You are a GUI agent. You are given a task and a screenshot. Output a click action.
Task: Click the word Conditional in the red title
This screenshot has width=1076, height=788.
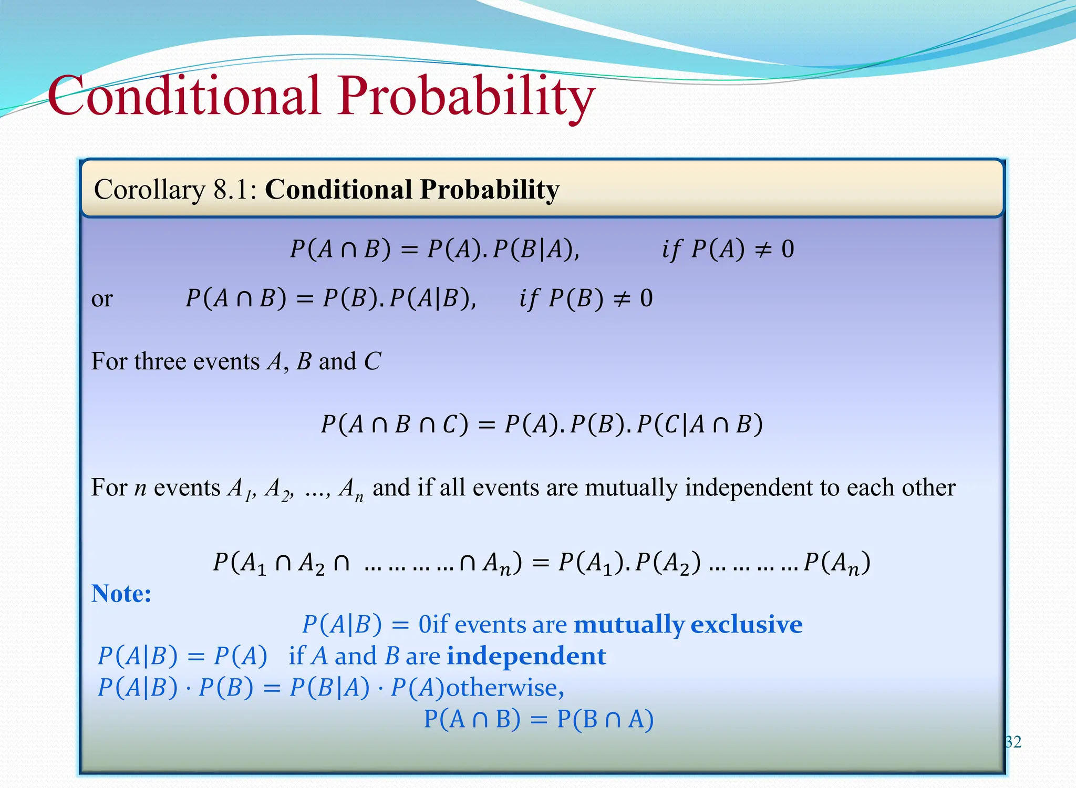(x=184, y=96)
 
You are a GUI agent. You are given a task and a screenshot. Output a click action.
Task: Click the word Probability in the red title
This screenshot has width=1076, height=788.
(x=467, y=96)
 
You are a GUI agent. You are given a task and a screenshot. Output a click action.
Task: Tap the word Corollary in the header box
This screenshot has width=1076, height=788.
(x=150, y=190)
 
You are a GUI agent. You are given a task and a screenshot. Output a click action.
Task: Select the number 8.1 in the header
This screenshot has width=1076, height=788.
(x=231, y=190)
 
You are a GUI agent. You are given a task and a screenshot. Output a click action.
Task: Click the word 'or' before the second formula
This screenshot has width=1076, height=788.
(x=101, y=299)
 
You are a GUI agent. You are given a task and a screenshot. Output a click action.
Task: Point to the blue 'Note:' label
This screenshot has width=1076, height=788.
(x=121, y=594)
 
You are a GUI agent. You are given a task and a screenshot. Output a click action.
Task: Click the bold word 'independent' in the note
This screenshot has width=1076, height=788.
(x=526, y=656)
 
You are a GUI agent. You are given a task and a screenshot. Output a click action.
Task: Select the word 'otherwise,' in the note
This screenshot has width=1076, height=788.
(x=505, y=688)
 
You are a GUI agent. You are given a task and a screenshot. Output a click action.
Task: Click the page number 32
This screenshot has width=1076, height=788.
(x=1013, y=742)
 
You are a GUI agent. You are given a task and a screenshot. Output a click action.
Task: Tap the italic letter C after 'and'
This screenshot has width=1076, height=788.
(x=372, y=361)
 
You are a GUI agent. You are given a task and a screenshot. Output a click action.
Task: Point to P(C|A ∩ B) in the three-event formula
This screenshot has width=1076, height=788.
(x=699, y=424)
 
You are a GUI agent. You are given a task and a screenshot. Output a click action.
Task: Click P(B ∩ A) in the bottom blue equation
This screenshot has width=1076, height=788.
(x=605, y=719)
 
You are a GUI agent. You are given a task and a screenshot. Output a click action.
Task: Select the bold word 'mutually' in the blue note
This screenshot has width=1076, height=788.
(x=629, y=625)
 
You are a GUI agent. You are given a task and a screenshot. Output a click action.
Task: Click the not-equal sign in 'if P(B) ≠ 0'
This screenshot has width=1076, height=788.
(x=622, y=299)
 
